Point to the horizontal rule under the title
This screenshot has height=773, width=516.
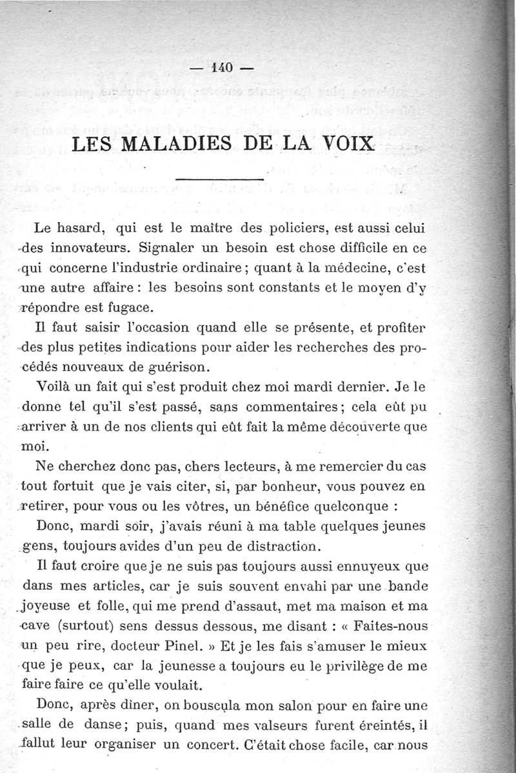coord(219,179)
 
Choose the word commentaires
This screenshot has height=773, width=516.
coord(293,407)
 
